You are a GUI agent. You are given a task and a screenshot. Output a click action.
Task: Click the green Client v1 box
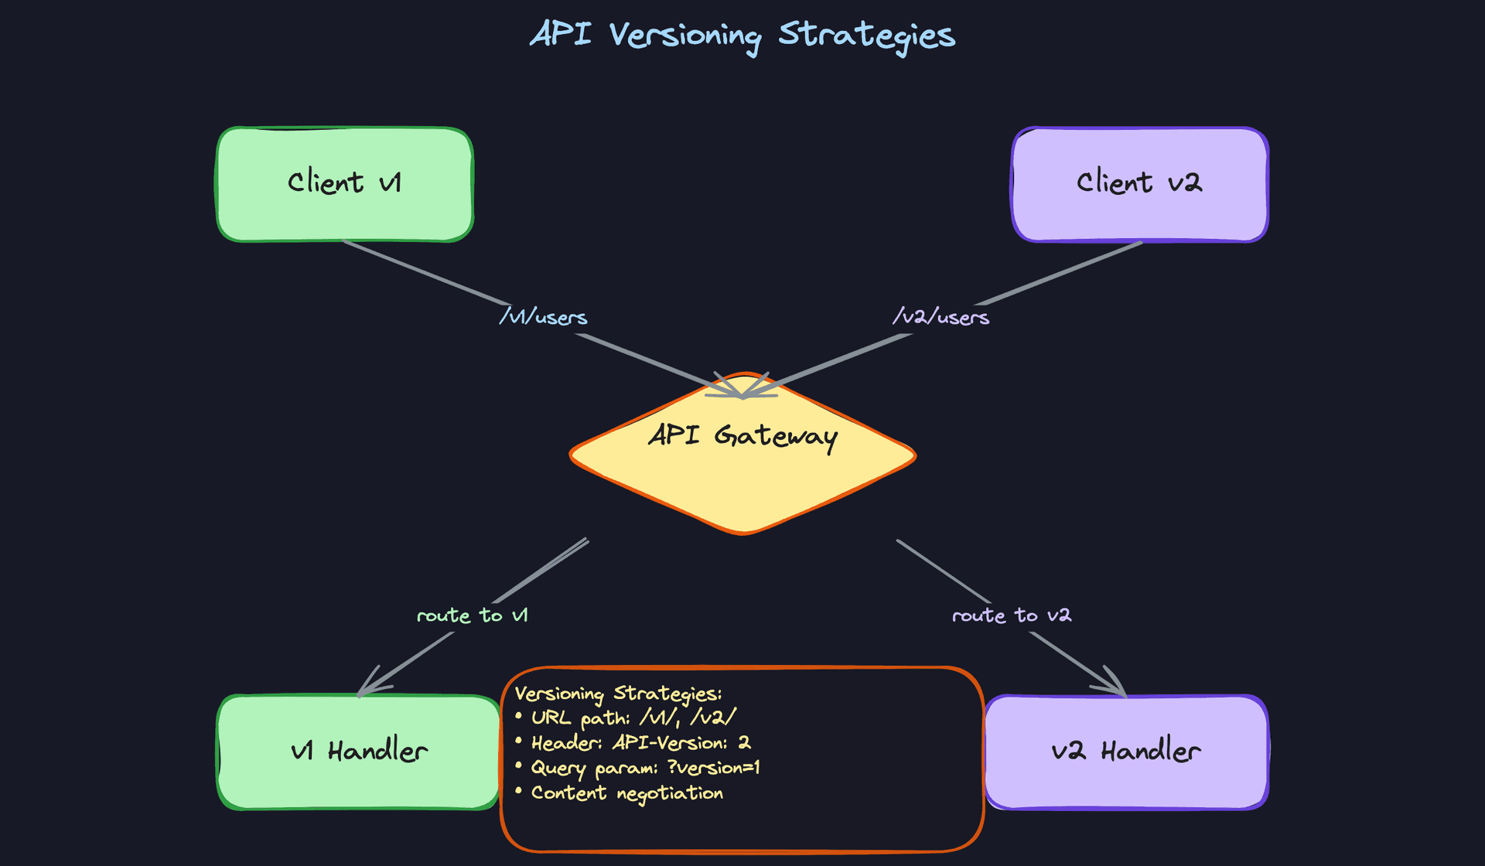click(x=344, y=184)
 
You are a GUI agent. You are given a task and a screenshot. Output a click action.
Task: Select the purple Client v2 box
click(x=1139, y=184)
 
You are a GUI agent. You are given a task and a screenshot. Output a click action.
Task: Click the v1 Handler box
click(x=358, y=752)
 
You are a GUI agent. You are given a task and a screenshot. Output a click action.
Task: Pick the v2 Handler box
click(x=1126, y=752)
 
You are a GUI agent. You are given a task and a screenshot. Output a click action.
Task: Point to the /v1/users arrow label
click(x=543, y=317)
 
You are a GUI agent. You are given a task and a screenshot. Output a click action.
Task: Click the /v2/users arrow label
click(x=940, y=317)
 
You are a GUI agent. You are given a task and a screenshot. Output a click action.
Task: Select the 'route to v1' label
click(x=472, y=615)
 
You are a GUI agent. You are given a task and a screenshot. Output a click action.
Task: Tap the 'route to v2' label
click(x=1011, y=615)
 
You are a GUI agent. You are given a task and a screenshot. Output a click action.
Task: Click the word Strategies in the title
click(x=866, y=36)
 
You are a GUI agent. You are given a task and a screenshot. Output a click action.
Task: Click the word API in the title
click(x=561, y=34)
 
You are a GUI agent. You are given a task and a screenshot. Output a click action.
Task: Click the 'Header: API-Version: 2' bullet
click(x=640, y=743)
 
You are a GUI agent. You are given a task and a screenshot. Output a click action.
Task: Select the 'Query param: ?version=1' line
click(x=645, y=768)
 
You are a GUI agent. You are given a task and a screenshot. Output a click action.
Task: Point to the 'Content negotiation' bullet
click(x=626, y=793)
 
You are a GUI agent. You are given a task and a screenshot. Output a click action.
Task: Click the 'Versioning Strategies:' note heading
click(x=618, y=694)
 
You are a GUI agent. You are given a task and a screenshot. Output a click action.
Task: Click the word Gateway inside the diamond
click(x=775, y=437)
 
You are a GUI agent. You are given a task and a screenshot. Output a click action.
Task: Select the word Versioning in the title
click(x=684, y=36)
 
